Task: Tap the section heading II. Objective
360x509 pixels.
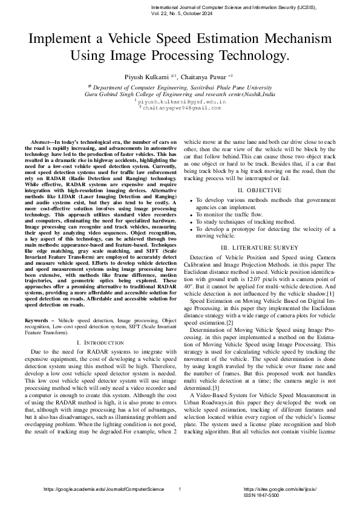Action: point(263,190)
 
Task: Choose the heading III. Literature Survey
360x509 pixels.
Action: point(263,248)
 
